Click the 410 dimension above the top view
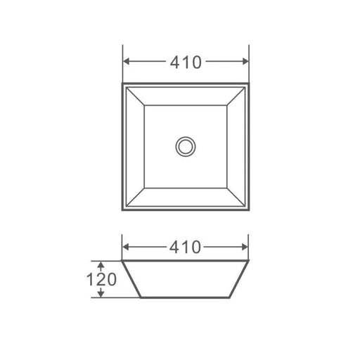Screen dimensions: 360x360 click(x=186, y=63)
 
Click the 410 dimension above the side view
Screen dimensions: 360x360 click(x=185, y=247)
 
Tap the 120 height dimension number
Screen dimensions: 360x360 click(x=101, y=279)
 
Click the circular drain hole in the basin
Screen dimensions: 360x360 click(x=186, y=147)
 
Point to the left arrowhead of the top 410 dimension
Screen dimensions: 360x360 click(x=127, y=61)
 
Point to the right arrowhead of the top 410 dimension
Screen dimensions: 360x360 click(x=245, y=61)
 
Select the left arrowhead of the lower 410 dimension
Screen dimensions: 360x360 click(x=126, y=247)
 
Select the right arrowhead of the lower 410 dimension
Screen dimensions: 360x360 click(x=245, y=247)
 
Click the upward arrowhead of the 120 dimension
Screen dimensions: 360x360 click(x=101, y=265)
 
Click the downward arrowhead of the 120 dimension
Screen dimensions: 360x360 click(x=101, y=294)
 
